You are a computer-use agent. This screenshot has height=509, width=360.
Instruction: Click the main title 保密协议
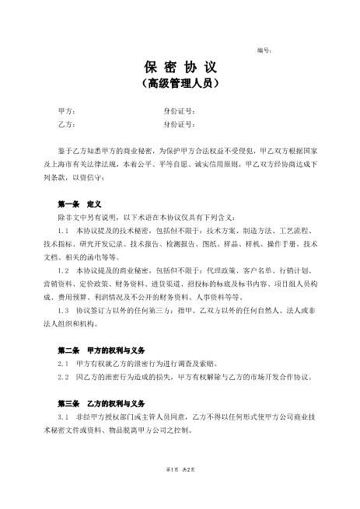pyautogui.click(x=180, y=67)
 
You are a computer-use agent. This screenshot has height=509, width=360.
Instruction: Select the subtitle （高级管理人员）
pyautogui.click(x=180, y=82)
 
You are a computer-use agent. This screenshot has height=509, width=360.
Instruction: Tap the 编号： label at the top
pyautogui.click(x=264, y=50)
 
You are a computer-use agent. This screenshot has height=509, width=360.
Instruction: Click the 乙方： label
pyautogui.click(x=67, y=124)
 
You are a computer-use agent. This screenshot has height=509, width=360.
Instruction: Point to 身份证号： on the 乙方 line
pyautogui.click(x=180, y=124)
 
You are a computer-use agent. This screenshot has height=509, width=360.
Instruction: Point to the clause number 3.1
pyautogui.click(x=65, y=417)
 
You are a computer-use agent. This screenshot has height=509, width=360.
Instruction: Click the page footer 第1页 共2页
pyautogui.click(x=180, y=491)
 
